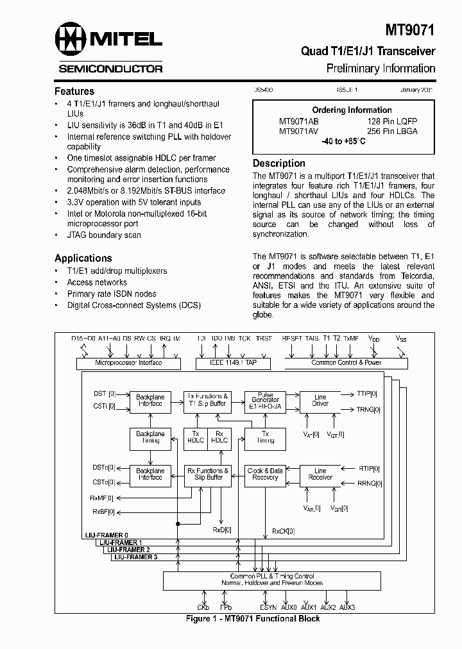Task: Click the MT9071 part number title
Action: pos(410,29)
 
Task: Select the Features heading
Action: pos(74,91)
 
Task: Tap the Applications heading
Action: pos(83,258)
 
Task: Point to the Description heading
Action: pos(278,163)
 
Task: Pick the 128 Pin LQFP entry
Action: pos(392,121)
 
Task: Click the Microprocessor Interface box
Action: pos(128,363)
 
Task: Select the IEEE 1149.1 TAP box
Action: pos(232,363)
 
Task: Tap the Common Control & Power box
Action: pos(346,363)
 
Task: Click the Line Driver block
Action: pos(320,401)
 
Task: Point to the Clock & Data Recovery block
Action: pos(265,474)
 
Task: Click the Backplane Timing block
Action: pos(150,437)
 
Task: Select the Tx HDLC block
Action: pos(195,437)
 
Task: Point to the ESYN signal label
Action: pos(268,607)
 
